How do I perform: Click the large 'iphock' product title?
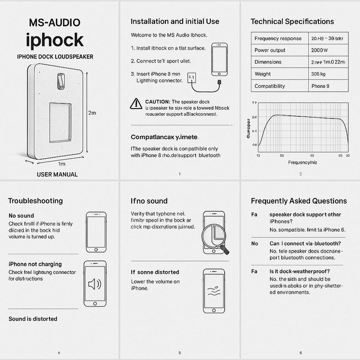point(55,40)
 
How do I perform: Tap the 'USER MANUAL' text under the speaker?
point(57,174)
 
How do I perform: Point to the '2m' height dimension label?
point(92,112)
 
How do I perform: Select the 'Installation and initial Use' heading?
point(175,21)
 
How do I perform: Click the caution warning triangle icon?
point(136,103)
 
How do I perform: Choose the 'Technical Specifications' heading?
point(292,21)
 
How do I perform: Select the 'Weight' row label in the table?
point(263,74)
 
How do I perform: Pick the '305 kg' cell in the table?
point(319,74)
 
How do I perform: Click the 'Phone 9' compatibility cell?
point(321,86)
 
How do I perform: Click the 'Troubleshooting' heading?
point(35,201)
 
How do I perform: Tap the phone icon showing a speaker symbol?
point(95,282)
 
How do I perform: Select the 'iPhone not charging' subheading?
point(35,264)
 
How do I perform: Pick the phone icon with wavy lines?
point(214,287)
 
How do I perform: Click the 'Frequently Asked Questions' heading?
point(299,201)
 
